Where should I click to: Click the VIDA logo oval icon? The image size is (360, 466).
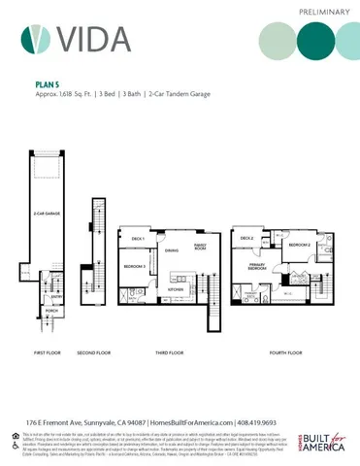(35, 39)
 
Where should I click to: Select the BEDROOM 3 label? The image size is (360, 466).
(134, 265)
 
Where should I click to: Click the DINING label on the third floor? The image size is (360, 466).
(171, 251)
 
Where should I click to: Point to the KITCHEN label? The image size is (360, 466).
(177, 288)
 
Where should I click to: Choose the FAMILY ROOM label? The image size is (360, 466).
(201, 246)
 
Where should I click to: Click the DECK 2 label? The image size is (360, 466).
(246, 238)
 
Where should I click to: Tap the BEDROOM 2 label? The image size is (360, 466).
(299, 246)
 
